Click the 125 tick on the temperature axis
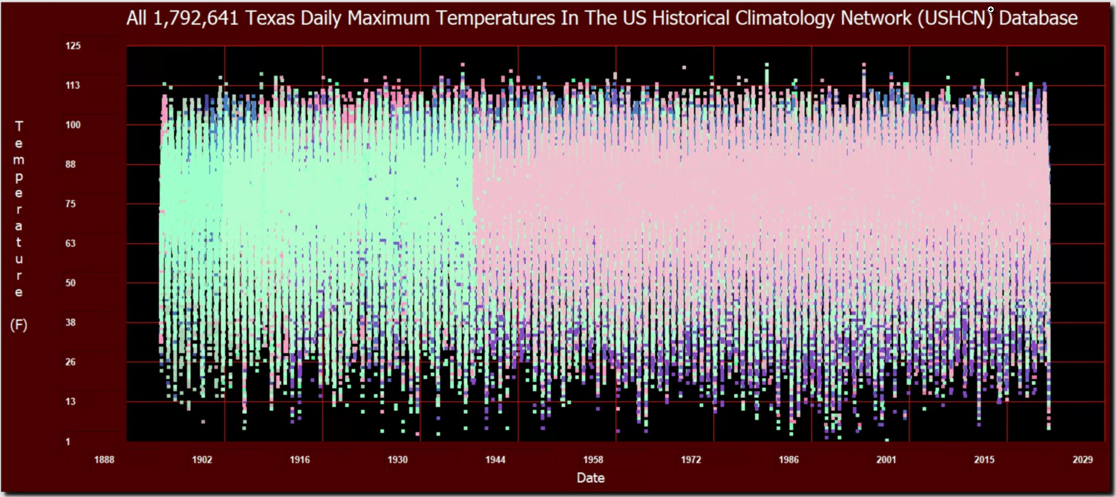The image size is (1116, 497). tap(73, 46)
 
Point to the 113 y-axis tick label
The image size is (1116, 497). tap(73, 85)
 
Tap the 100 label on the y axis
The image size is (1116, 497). tap(73, 125)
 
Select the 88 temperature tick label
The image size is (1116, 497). tap(70, 164)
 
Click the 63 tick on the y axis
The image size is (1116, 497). tap(70, 244)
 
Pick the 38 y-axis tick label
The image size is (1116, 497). tap(70, 323)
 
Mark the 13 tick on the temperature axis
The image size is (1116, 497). tap(70, 402)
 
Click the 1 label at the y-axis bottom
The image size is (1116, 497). tap(68, 442)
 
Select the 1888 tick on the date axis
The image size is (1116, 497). tap(104, 460)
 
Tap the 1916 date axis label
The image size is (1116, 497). tap(300, 460)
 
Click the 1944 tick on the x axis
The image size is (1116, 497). tap(495, 460)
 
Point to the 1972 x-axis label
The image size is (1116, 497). tap(691, 460)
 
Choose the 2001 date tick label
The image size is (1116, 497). tap(886, 460)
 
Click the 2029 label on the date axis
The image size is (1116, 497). tap(1082, 460)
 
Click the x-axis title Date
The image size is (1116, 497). tap(590, 478)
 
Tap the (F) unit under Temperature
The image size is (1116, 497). tap(19, 325)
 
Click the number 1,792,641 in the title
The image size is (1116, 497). tap(195, 18)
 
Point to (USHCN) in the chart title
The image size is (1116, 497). tap(955, 18)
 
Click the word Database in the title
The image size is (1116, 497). tap(1038, 18)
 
